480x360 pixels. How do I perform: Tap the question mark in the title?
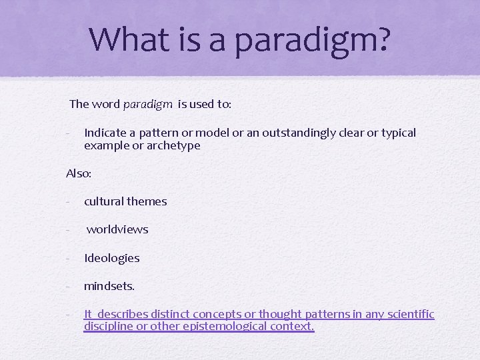pos(380,39)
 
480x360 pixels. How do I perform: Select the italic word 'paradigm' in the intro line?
pos(148,104)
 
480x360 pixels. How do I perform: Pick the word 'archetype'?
pos(175,145)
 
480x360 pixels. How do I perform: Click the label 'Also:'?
pos(79,173)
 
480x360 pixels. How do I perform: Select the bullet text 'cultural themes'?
pos(125,201)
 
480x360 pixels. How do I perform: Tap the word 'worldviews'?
pos(117,229)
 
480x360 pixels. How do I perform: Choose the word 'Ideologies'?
pos(111,258)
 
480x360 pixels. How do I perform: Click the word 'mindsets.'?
pos(109,286)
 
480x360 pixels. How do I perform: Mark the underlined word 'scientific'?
pos(410,314)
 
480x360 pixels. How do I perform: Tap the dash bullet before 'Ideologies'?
pos(69,258)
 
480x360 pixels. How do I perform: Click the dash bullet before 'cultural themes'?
pos(69,201)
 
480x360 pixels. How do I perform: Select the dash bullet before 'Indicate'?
pos(69,133)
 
